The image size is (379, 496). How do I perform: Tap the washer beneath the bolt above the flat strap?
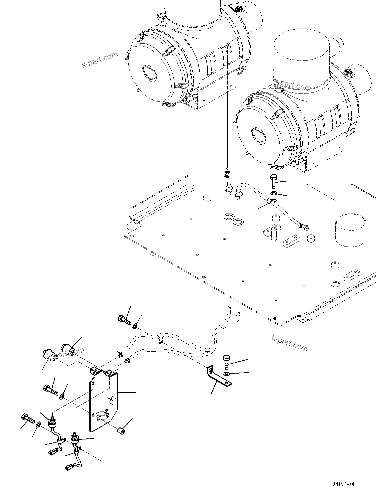point(227,375)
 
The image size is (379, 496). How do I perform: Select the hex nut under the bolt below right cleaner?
point(272,193)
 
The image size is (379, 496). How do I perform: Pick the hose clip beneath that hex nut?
point(271,201)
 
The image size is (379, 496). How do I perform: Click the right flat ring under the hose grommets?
point(238,222)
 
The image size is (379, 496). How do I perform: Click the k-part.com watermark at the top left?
point(100,59)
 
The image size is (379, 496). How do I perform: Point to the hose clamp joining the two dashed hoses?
point(159,337)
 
